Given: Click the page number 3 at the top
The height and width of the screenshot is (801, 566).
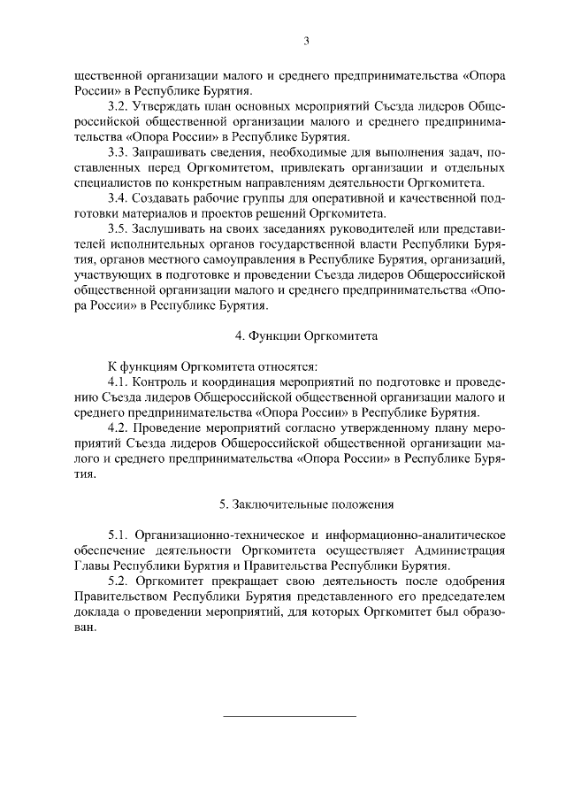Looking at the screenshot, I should (x=305, y=40).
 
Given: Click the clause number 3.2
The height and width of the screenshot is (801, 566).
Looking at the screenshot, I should (x=118, y=105).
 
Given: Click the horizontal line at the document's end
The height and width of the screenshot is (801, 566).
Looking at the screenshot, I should (x=288, y=715).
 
